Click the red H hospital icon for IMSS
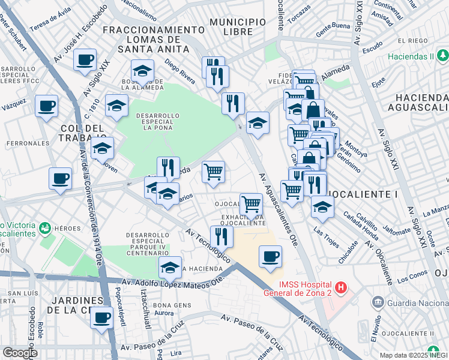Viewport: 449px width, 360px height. pos(341,288)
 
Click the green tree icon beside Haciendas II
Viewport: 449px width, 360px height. pos(443,56)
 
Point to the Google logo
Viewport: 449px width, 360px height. pos(19,352)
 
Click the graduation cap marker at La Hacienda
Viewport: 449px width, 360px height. pos(170,267)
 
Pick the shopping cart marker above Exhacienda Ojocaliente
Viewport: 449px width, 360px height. pos(251,203)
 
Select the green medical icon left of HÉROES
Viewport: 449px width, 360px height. pos(44,228)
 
